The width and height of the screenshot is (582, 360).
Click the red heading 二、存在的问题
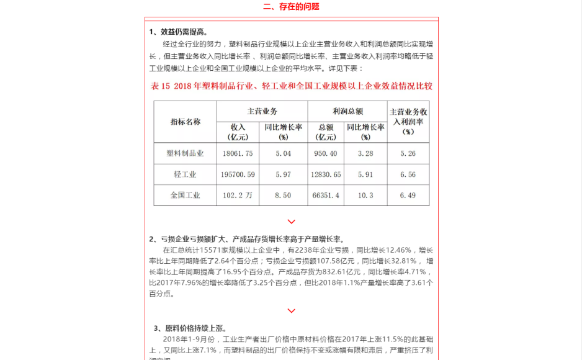point(291,7)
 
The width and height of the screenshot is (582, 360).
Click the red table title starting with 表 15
point(292,86)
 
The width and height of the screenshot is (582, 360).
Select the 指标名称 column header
point(185,122)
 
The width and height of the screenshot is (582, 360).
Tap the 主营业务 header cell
point(262,111)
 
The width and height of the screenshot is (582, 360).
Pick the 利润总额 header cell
point(347,111)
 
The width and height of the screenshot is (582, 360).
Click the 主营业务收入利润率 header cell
point(408,122)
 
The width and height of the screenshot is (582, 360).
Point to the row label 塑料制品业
point(185,153)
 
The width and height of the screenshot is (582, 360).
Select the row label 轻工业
point(185,174)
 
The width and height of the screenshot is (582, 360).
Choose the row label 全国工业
point(185,195)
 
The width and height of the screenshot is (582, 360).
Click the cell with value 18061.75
point(238,153)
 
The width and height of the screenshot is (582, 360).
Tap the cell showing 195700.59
point(238,174)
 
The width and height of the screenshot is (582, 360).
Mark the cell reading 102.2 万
point(238,195)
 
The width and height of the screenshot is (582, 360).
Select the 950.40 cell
point(326,153)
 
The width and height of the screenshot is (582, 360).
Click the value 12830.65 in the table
point(326,174)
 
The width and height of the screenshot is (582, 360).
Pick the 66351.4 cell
point(326,195)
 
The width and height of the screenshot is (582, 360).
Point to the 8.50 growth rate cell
point(283,195)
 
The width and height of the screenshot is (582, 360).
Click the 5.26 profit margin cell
point(408,153)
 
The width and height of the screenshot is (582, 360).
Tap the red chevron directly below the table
point(291,222)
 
